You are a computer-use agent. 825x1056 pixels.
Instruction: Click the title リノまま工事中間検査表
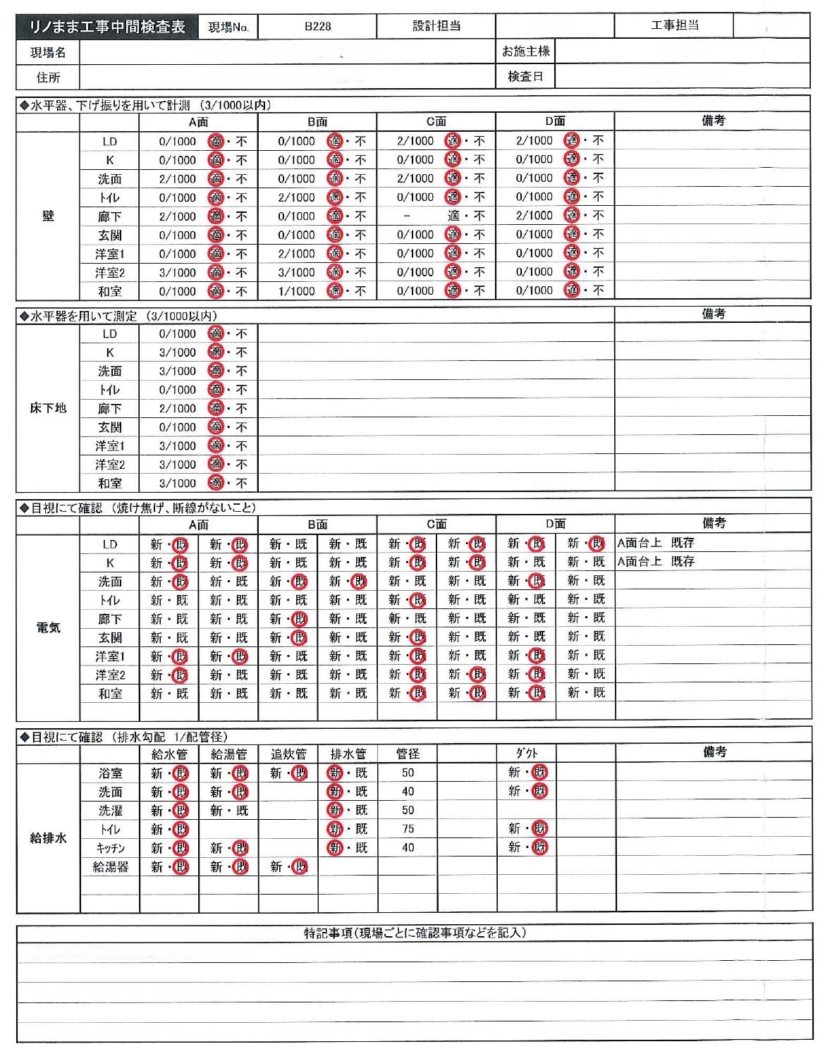pos(107,27)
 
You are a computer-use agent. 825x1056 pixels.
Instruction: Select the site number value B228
pos(317,27)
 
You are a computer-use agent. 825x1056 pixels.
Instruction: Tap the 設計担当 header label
pos(436,26)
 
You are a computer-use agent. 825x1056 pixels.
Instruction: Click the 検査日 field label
pos(525,76)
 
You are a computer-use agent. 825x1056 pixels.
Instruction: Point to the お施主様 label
pos(525,51)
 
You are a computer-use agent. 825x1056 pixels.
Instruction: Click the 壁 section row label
pos(48,216)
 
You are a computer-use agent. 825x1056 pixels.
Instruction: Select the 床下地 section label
pos(48,408)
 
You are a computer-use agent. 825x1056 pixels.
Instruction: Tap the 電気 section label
pos(48,627)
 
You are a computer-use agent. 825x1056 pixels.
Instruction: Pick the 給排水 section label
pos(48,838)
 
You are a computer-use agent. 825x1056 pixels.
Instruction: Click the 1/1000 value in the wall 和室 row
pos(297,291)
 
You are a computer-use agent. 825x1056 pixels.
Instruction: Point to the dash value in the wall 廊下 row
pos(407,216)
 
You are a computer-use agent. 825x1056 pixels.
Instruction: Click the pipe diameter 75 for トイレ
pos(408,829)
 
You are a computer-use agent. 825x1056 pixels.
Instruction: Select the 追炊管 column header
pos(288,754)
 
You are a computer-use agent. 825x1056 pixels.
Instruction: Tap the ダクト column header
pos(526,754)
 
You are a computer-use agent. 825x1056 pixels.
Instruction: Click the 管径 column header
pos(408,754)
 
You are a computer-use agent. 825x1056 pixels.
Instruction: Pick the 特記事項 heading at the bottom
pos(415,933)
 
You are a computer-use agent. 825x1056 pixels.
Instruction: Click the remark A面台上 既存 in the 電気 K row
pos(656,562)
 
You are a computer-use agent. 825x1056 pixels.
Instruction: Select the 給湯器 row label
pos(111,867)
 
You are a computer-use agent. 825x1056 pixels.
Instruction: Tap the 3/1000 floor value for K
pos(178,352)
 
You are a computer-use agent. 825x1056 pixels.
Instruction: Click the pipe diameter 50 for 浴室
pos(408,773)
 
